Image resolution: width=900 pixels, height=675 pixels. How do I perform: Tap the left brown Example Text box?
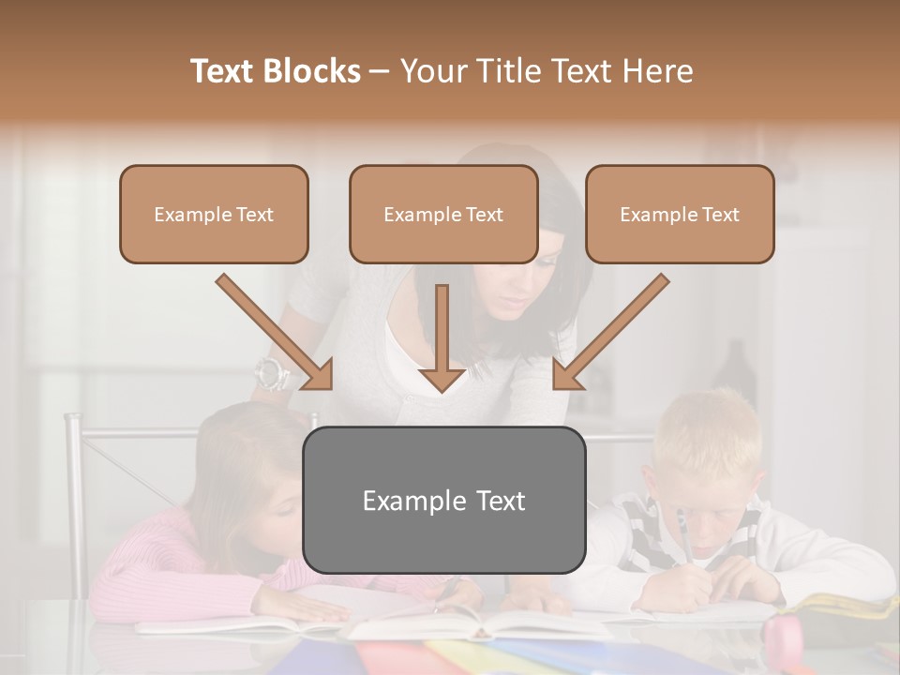pyautogui.click(x=214, y=214)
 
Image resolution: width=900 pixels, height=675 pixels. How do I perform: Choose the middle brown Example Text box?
pyautogui.click(x=443, y=214)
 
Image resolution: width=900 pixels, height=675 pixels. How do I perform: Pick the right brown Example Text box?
pyautogui.click(x=680, y=214)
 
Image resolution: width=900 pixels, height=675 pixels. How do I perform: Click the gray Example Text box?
pyautogui.click(x=443, y=500)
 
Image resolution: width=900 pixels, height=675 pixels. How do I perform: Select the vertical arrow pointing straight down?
pyautogui.click(x=442, y=337)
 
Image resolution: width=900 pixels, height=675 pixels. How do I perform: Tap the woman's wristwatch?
pyautogui.click(x=271, y=374)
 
